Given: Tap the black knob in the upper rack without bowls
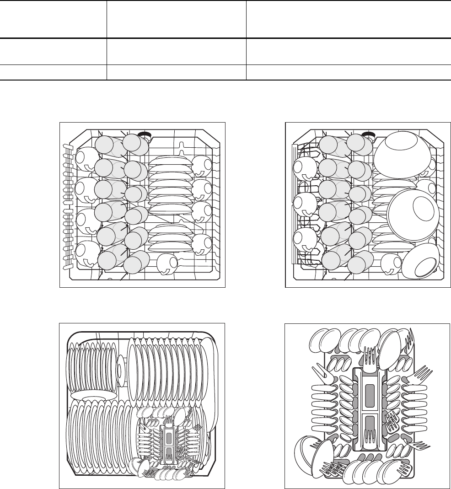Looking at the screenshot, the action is (145, 134).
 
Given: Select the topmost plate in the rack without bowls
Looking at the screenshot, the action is (170, 160).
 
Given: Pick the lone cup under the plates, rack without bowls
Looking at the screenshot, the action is (166, 263).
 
